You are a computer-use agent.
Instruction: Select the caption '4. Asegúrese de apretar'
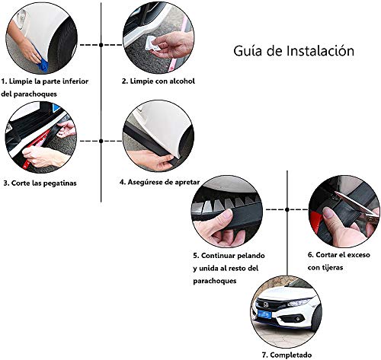click(161, 183)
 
